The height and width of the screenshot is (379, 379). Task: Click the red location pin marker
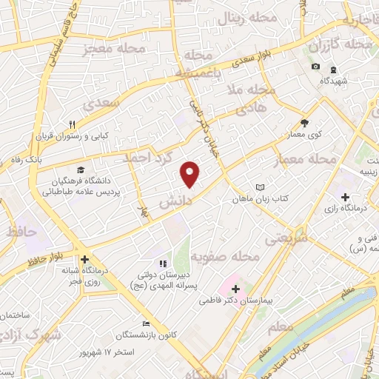click(x=190, y=173)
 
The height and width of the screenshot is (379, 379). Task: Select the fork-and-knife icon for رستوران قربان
click(x=72, y=124)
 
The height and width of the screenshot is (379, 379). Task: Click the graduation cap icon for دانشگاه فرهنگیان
click(x=80, y=170)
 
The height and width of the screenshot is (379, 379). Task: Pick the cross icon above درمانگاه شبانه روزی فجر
click(x=86, y=260)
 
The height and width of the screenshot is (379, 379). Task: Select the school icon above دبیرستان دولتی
click(x=161, y=264)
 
